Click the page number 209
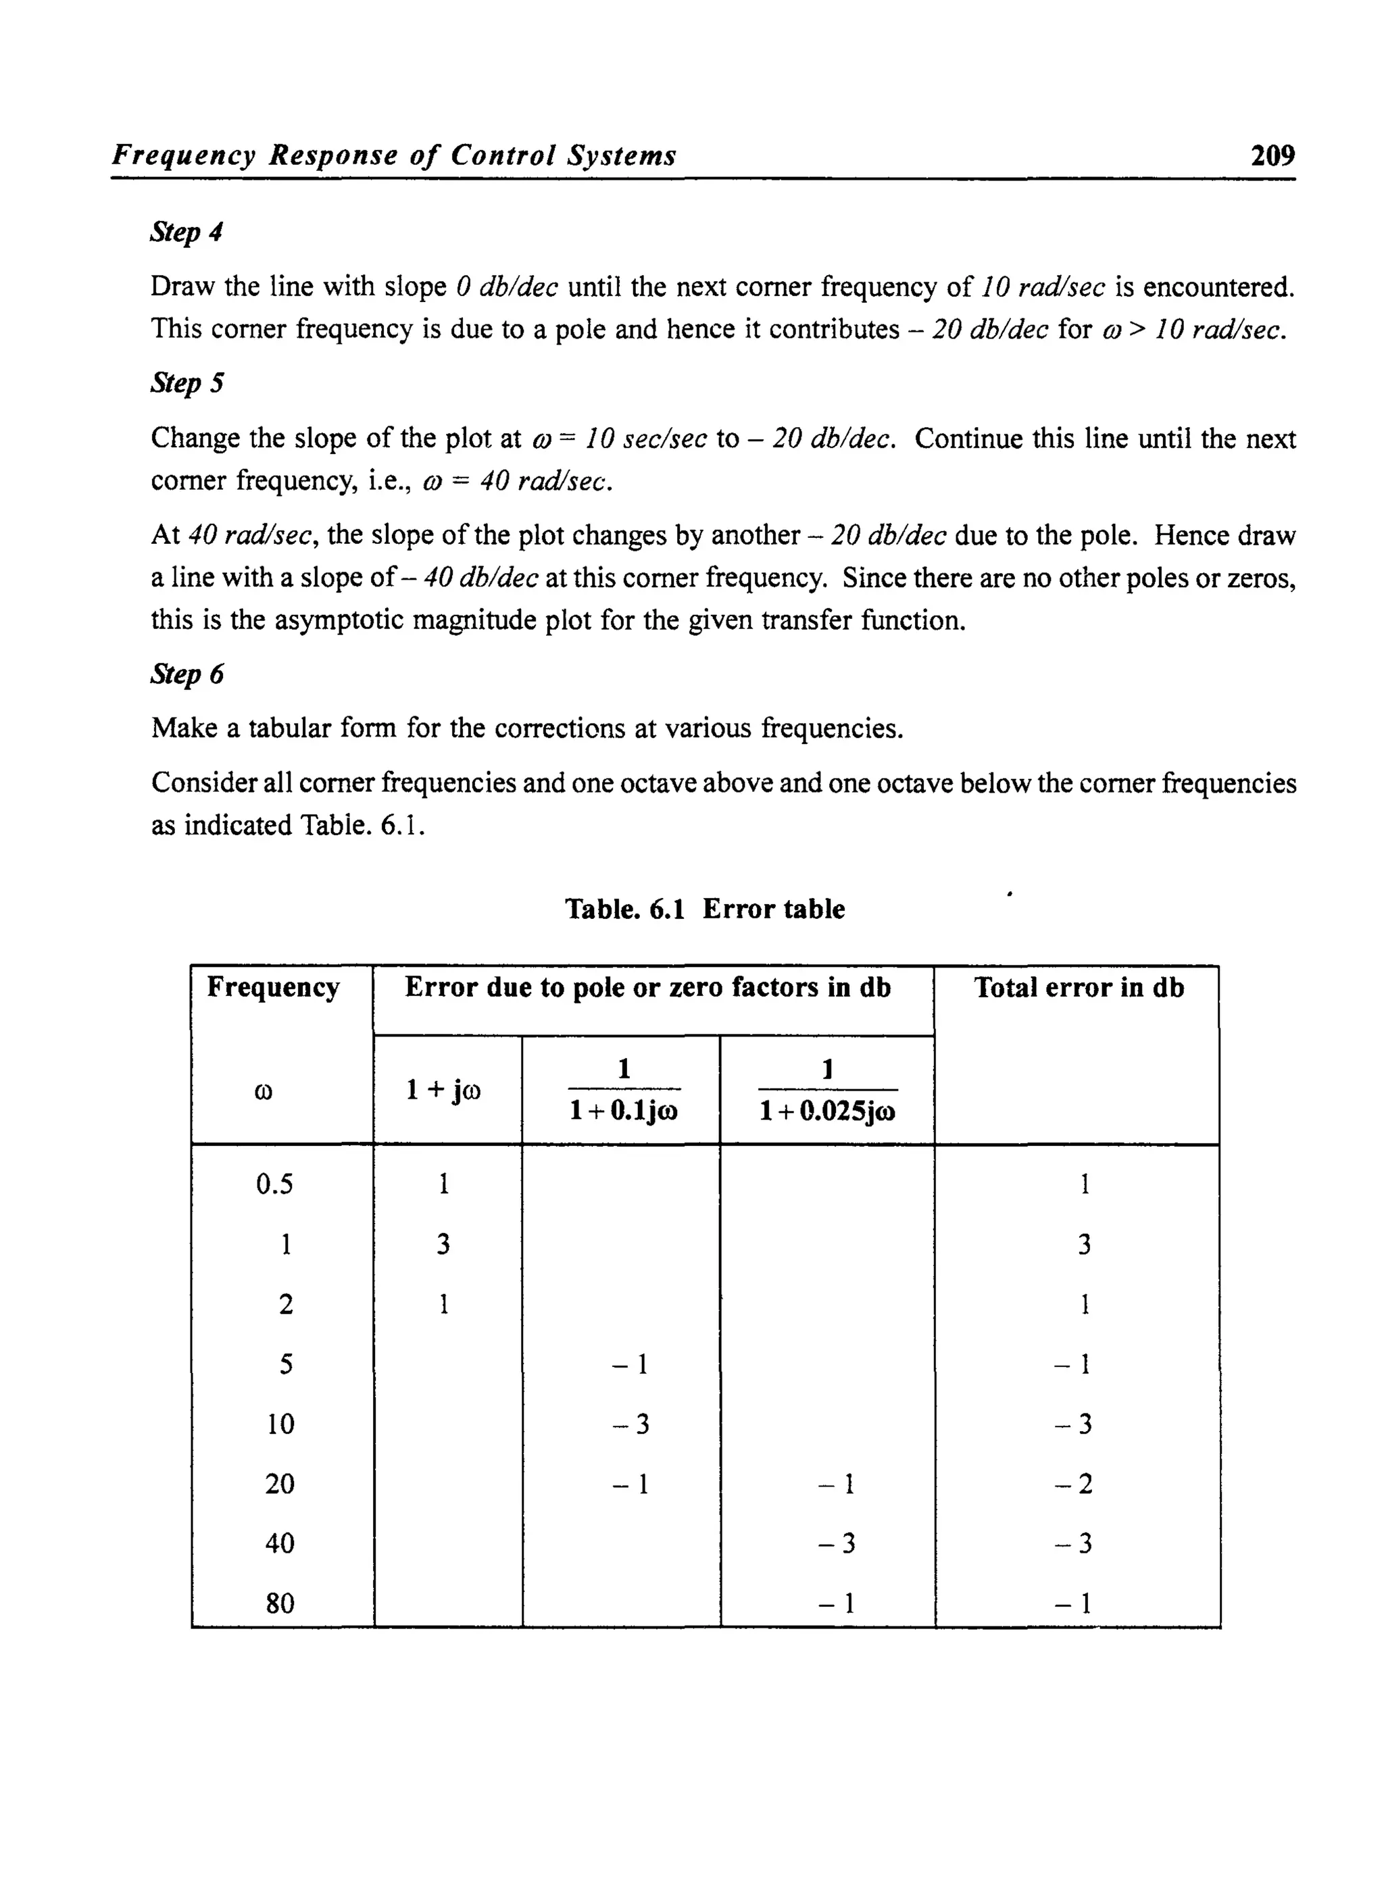(1272, 156)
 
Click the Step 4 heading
(186, 232)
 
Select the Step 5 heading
(187, 384)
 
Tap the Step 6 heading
(187, 674)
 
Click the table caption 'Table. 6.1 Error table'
(705, 909)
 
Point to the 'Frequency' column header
(273, 988)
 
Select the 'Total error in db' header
(1079, 988)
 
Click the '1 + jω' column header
(443, 1090)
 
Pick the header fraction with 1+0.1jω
(623, 1090)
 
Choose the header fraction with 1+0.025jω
(827, 1090)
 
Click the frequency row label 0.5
(275, 1184)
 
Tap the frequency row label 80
(280, 1603)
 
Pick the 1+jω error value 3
(443, 1245)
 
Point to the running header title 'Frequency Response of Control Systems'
(394, 156)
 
